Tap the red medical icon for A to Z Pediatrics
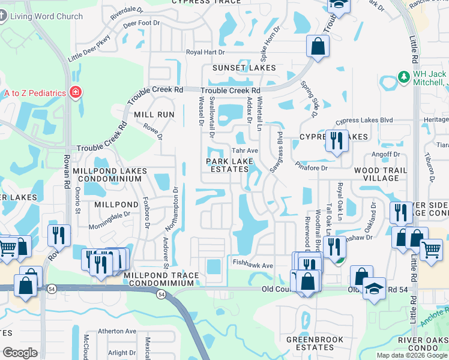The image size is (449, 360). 76,92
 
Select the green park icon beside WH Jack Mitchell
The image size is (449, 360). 404,77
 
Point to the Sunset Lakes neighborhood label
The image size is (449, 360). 243,68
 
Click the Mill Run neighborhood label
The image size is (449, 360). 154,114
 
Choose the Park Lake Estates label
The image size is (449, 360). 228,166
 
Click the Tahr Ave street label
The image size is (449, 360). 245,151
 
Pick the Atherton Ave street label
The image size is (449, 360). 118,331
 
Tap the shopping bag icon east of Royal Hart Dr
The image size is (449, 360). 318,46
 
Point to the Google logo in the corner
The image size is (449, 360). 20,353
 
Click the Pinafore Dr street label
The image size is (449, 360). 311,168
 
